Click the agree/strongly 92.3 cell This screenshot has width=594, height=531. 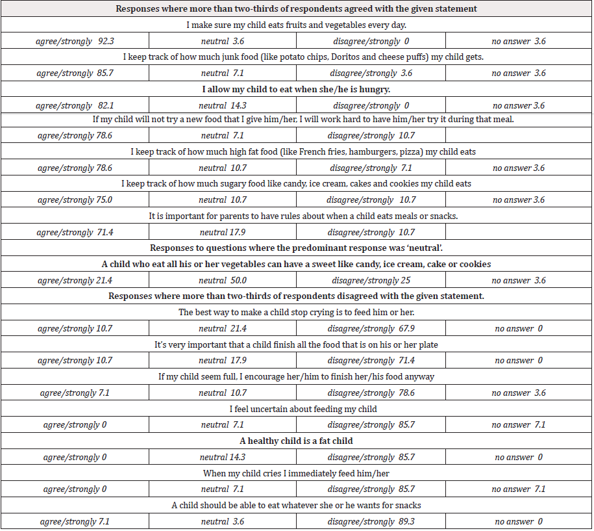tap(75, 41)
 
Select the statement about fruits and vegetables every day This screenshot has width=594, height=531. tap(296, 25)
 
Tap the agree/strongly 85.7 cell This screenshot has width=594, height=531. tap(75, 73)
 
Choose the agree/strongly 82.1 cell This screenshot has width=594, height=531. tap(75, 105)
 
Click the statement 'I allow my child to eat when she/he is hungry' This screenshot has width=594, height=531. tap(296, 89)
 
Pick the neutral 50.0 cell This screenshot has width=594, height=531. tap(223, 281)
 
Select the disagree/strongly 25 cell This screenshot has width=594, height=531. tap(370, 281)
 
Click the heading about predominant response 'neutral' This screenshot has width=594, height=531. tap(296, 248)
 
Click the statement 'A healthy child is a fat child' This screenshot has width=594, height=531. tap(296, 441)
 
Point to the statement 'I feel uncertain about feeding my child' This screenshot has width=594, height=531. tap(296, 409)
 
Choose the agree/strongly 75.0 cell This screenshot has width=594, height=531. tap(75, 200)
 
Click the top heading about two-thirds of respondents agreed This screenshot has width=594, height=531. tap(296, 9)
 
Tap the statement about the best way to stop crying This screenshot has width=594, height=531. tap(296, 313)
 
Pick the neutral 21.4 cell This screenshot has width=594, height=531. tap(223, 329)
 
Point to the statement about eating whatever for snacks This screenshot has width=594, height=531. tap(296, 505)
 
